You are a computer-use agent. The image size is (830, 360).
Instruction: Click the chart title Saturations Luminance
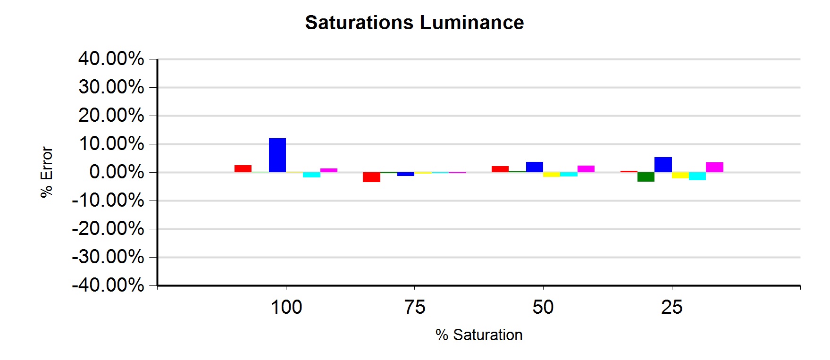click(414, 23)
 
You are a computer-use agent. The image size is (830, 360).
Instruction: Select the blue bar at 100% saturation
click(277, 155)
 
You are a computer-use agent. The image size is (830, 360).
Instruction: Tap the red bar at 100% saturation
click(243, 168)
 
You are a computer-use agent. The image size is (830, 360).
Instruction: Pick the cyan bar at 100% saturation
click(311, 175)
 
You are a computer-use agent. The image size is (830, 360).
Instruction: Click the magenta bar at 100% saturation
click(329, 170)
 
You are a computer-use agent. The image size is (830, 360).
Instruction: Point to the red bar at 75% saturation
click(371, 177)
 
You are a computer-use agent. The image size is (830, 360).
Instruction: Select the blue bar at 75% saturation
click(406, 174)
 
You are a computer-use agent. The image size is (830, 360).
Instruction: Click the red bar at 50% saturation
click(500, 169)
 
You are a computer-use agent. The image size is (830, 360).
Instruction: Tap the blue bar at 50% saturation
click(535, 167)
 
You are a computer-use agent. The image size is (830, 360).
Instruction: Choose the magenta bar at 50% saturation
click(586, 169)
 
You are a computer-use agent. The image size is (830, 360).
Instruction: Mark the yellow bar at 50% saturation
click(552, 175)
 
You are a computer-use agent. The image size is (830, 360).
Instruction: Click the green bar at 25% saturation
click(646, 177)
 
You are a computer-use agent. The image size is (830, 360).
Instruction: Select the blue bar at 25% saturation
click(663, 165)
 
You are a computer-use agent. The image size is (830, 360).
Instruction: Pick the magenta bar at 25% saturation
click(714, 167)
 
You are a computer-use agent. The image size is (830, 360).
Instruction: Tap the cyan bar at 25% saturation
click(697, 176)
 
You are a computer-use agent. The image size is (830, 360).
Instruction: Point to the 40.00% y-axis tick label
click(111, 59)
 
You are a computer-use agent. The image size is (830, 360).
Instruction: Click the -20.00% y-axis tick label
click(108, 229)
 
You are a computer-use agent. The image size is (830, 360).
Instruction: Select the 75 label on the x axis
click(415, 307)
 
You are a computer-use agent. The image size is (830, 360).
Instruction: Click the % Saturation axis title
click(479, 335)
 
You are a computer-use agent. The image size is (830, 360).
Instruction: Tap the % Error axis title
click(47, 172)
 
